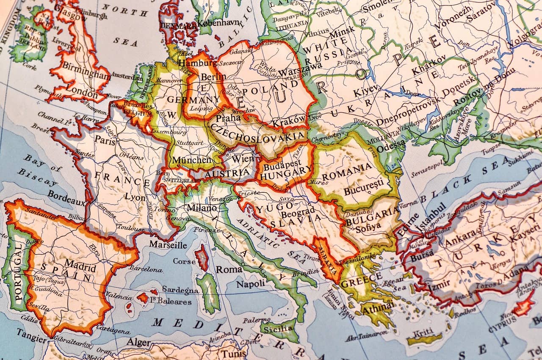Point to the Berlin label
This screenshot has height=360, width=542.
click(x=213, y=77)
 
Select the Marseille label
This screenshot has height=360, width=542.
click(x=168, y=245)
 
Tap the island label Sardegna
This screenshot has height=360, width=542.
click(x=180, y=290)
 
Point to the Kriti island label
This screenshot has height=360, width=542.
click(x=424, y=331)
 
